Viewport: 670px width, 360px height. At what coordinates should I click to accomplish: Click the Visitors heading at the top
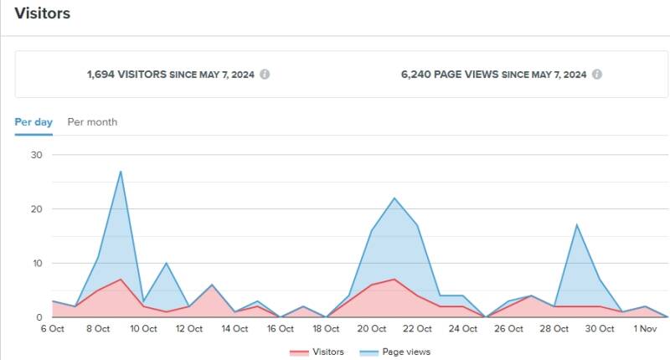[42, 13]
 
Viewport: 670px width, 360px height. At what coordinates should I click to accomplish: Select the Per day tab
[33, 122]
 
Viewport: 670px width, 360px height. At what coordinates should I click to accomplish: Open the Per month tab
[92, 122]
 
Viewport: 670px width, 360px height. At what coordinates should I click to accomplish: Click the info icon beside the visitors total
[265, 74]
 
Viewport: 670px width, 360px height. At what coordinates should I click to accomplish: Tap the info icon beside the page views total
[596, 74]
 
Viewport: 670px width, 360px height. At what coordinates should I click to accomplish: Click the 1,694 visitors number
[105, 74]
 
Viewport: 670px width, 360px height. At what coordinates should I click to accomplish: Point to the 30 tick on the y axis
[36, 155]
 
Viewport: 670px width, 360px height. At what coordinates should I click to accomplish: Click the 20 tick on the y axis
[36, 209]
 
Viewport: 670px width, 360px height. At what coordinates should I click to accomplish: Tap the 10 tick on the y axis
[36, 264]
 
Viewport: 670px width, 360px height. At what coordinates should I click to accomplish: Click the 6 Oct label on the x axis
[52, 329]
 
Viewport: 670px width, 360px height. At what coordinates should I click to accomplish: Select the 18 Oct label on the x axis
[326, 329]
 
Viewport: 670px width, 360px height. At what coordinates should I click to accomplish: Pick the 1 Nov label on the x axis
[645, 329]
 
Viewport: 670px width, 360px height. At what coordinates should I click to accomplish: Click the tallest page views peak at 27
[121, 172]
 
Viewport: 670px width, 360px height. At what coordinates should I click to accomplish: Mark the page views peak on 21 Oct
[394, 198]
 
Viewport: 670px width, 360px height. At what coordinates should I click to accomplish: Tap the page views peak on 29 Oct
[577, 225]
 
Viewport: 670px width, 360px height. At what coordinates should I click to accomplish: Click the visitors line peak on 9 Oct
[121, 280]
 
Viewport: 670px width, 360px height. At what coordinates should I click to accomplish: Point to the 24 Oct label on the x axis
[462, 329]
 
